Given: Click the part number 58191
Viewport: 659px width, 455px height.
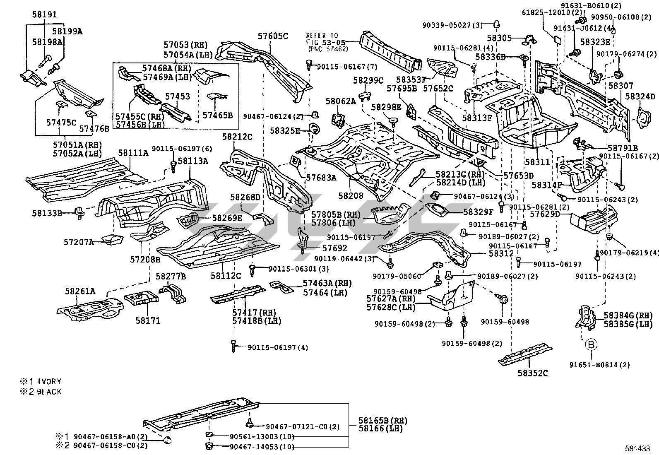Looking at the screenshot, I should pos(44,14).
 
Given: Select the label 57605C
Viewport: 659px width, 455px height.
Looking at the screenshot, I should pos(273,36).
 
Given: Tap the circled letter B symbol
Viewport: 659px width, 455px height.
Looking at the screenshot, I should pos(591,344).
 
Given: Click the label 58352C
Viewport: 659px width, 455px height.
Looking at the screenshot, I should pos(532,373).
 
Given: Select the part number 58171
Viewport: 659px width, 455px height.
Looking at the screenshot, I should pos(148,320).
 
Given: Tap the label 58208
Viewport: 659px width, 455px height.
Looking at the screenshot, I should pos(351,196).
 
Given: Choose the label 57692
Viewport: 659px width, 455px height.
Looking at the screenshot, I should pos(334,248).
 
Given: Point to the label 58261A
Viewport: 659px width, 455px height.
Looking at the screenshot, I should pos(80,291).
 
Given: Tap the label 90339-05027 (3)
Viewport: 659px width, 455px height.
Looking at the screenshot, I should pos(452,25).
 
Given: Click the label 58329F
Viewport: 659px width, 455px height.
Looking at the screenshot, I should pos(478,212).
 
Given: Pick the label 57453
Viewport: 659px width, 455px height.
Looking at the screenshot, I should pos(178,96).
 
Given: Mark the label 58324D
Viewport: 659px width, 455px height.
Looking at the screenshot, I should pos(640,96).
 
